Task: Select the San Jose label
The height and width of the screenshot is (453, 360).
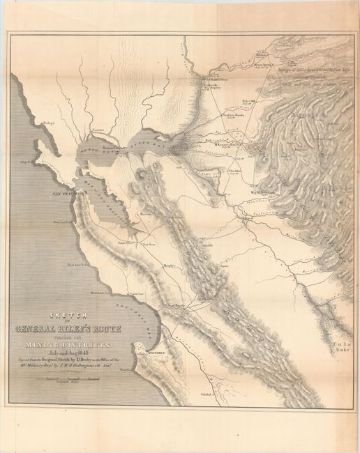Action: (148, 245)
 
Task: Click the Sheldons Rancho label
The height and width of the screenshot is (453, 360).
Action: (233, 115)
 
